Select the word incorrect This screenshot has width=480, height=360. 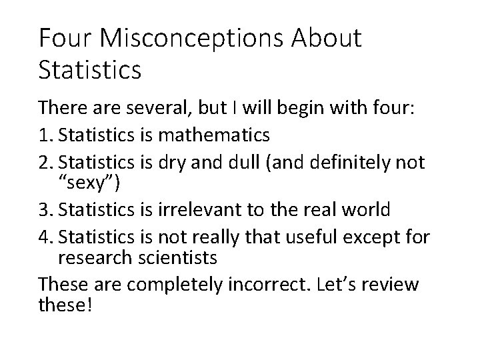265,285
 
